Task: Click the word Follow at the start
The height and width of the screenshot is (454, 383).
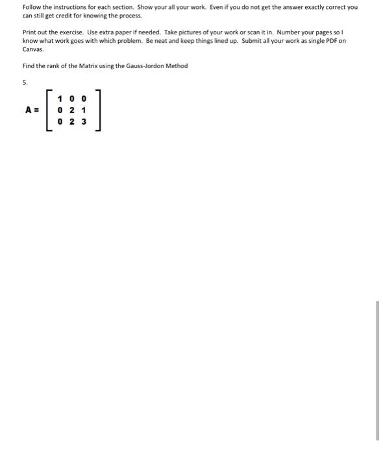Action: (x=31, y=7)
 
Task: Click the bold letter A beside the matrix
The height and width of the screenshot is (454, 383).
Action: (x=29, y=110)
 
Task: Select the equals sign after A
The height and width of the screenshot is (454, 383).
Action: (x=37, y=110)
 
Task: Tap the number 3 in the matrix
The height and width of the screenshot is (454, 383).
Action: (x=84, y=121)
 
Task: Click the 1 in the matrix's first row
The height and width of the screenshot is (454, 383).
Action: (x=60, y=99)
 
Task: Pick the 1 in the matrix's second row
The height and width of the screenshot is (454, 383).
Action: (x=84, y=110)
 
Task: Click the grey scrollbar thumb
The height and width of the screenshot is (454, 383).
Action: (x=377, y=370)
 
